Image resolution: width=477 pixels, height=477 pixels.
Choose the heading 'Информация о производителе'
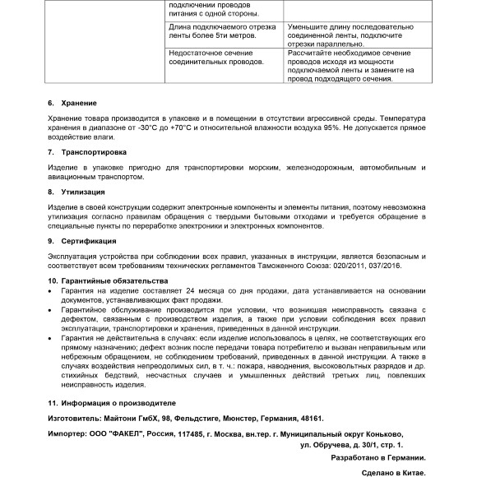pyautogui.click(x=118, y=404)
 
